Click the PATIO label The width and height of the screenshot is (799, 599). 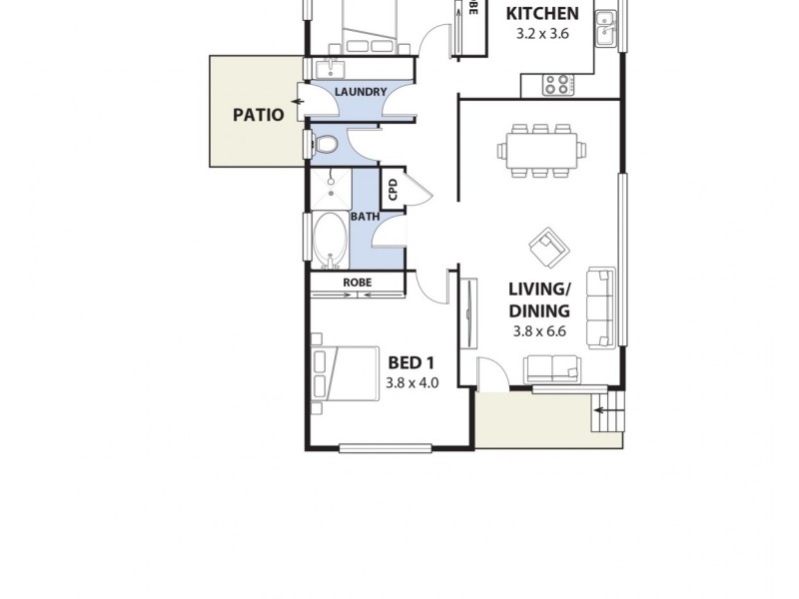pos(258,114)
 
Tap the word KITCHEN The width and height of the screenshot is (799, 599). pos(541,14)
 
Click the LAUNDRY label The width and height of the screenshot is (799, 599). pos(360,92)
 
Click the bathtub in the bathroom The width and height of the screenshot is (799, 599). pos(327,239)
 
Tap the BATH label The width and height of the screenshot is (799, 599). pos(364,217)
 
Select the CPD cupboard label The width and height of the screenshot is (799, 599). pos(393,190)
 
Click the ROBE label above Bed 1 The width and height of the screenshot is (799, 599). pos(357,283)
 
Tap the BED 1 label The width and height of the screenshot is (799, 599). pos(411,361)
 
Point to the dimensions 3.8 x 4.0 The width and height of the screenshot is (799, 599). pos(411,381)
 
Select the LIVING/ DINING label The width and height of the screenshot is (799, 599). pos(539,299)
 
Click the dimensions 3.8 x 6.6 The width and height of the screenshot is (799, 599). pos(539,331)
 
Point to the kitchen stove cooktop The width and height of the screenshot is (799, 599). pos(558,86)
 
